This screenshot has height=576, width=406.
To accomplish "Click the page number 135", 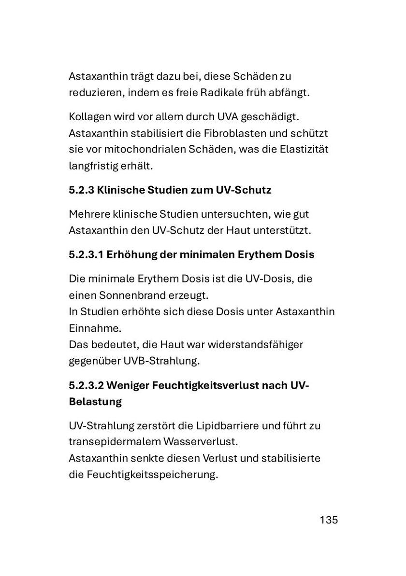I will (x=328, y=520).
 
